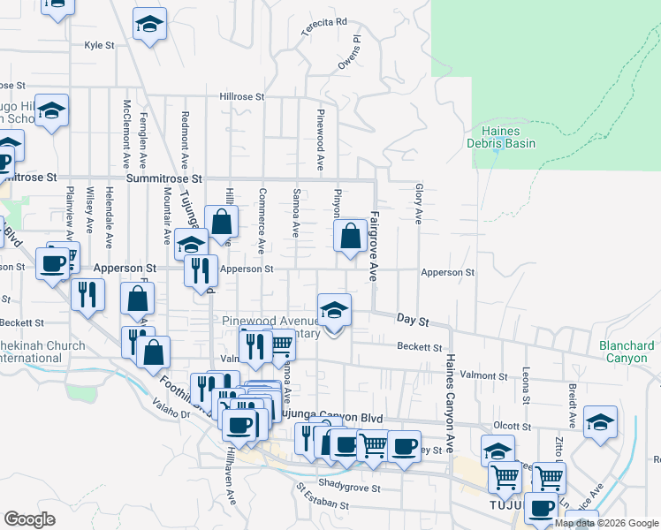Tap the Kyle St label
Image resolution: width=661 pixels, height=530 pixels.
coord(100,45)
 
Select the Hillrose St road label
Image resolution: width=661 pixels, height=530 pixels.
coord(242,97)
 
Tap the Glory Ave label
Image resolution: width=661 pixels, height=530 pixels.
coord(417,204)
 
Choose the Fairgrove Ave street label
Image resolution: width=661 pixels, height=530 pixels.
coord(374,246)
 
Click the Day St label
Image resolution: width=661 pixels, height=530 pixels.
coord(412,318)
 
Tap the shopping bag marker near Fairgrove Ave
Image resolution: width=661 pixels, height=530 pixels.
coord(351,237)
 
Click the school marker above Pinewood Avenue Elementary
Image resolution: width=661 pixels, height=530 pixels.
coord(334,311)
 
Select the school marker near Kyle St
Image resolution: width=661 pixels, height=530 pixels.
coord(150,26)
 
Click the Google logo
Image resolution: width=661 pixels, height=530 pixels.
coord(29,519)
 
